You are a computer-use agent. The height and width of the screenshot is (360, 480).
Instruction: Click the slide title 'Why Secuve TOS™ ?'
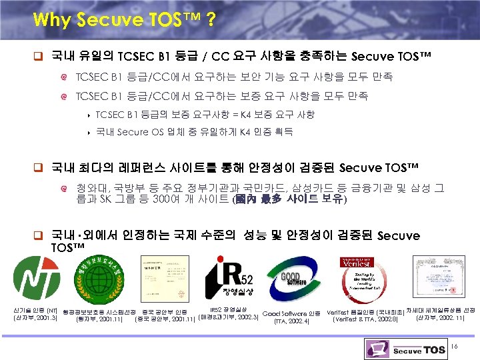[123, 19]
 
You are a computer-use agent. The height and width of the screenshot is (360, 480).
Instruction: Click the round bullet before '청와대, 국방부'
[65, 187]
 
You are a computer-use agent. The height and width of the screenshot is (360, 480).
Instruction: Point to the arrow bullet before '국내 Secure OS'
[89, 132]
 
